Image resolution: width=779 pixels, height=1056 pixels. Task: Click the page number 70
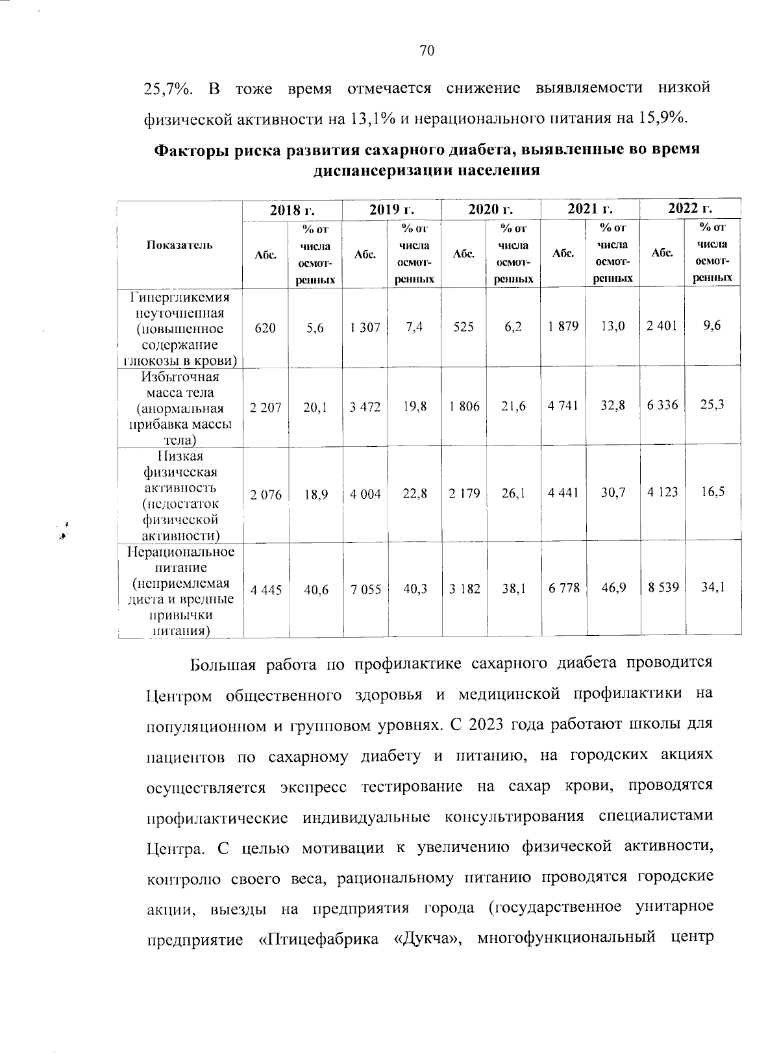click(x=427, y=51)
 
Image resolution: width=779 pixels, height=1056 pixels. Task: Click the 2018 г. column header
click(x=292, y=209)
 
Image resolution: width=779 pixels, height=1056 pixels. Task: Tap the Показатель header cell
click(x=179, y=245)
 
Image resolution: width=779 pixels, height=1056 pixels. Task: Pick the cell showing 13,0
click(x=612, y=327)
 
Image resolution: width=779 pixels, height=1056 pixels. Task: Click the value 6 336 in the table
click(x=662, y=405)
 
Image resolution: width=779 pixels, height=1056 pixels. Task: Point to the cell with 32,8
click(x=612, y=406)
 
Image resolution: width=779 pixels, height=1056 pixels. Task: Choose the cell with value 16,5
click(x=712, y=492)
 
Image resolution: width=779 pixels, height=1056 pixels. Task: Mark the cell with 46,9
click(x=612, y=588)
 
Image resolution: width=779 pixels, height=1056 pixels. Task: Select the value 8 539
click(x=662, y=588)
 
